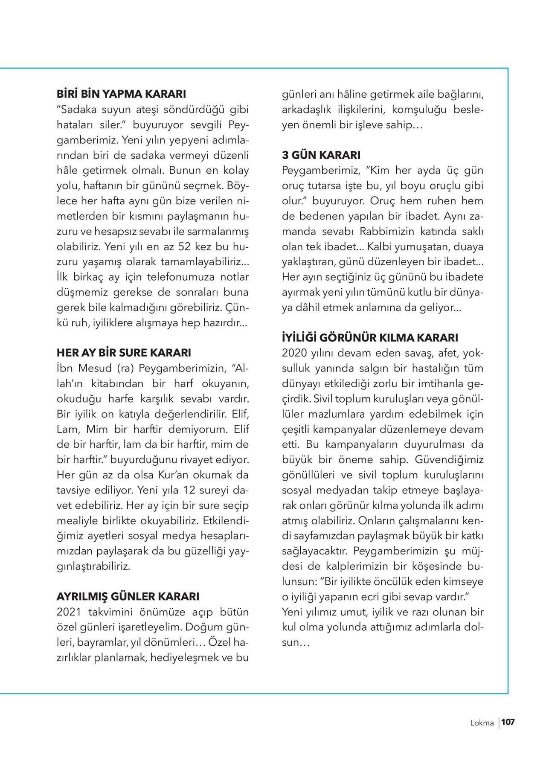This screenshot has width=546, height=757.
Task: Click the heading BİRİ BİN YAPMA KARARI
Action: (x=121, y=94)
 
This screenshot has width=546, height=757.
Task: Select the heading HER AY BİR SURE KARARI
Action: (x=124, y=353)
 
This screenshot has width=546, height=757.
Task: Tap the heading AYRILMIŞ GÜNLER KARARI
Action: (x=128, y=597)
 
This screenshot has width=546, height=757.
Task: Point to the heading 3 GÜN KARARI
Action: (x=321, y=155)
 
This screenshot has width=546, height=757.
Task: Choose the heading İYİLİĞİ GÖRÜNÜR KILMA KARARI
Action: (x=370, y=338)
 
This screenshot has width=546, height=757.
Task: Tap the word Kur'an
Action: (x=164, y=475)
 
